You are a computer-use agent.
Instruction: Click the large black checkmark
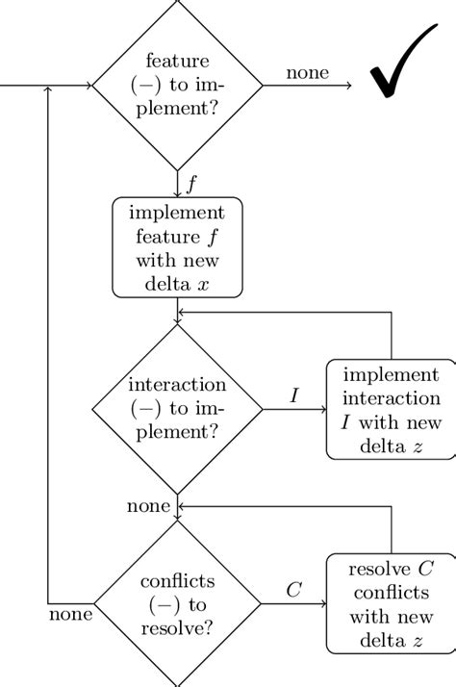click(403, 66)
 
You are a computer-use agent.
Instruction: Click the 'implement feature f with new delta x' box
click(178, 247)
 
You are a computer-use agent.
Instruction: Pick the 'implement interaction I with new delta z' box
click(391, 409)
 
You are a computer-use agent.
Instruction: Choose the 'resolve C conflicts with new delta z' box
click(391, 603)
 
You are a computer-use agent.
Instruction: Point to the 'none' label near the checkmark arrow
click(307, 72)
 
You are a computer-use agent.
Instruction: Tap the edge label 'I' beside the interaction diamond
click(294, 394)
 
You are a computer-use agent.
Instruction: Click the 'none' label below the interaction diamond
click(148, 506)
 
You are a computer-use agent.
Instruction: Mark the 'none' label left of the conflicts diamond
click(71, 613)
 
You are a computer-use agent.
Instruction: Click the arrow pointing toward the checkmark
click(308, 86)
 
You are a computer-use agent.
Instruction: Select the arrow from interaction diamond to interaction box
click(294, 409)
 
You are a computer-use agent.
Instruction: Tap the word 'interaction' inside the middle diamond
click(177, 384)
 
